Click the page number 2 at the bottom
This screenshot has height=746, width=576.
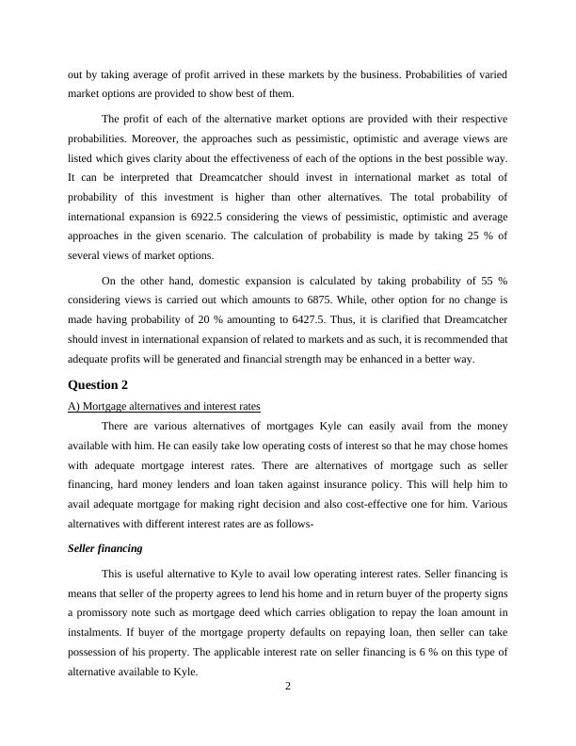[288, 712]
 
